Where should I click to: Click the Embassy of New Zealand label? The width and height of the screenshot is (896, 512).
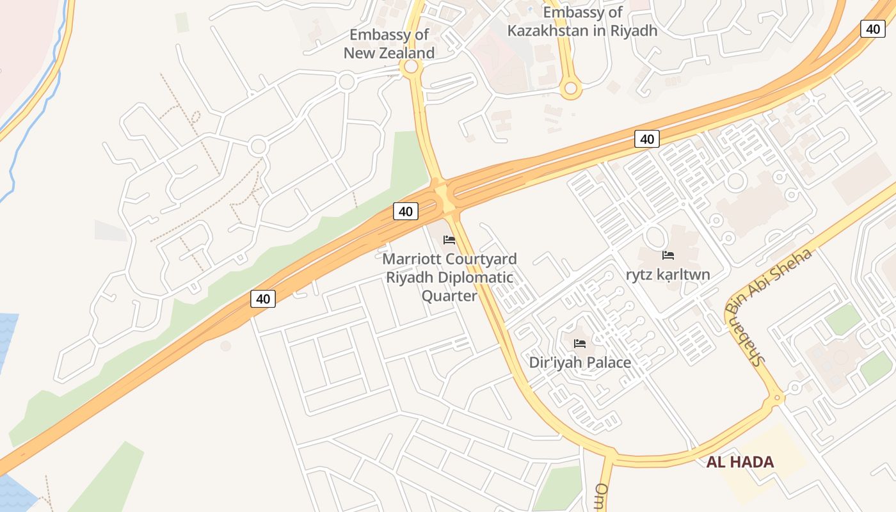[x=389, y=44]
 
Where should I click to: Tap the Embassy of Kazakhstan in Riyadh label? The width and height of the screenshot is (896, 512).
[x=582, y=21]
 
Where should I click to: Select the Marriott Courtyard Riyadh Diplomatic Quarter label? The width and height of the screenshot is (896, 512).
[x=449, y=277]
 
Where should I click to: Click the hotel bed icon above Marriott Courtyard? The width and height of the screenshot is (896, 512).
[x=449, y=240]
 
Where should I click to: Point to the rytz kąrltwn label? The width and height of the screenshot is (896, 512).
[x=668, y=275]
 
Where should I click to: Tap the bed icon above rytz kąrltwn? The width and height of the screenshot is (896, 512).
[x=668, y=255]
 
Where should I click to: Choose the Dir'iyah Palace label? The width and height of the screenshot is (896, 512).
[x=580, y=362]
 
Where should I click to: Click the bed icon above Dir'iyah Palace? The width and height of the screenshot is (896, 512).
[x=580, y=344]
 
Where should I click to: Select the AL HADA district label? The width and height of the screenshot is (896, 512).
[x=740, y=462]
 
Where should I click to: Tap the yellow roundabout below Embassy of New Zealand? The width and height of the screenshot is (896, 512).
[x=412, y=67]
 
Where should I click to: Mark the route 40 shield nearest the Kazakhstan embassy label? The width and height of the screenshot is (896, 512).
[x=646, y=138]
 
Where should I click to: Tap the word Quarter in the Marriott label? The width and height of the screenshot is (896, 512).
[x=449, y=296]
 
